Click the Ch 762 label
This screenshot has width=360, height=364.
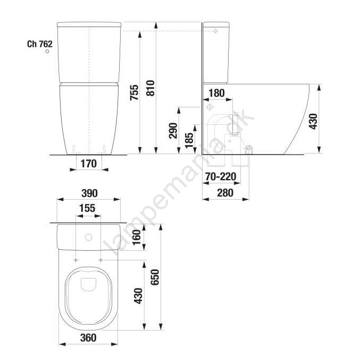click(40, 44)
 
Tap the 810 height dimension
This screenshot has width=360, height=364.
click(150, 88)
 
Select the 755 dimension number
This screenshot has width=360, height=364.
click(134, 92)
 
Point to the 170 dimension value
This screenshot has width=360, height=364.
click(88, 164)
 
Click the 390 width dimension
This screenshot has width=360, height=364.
click(89, 193)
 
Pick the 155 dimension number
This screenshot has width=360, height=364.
click(87, 208)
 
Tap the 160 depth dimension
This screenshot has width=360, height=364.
click(136, 237)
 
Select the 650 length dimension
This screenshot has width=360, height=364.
click(155, 277)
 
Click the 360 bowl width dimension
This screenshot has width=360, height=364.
click(88, 338)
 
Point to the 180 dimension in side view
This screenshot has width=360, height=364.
click(216, 93)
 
